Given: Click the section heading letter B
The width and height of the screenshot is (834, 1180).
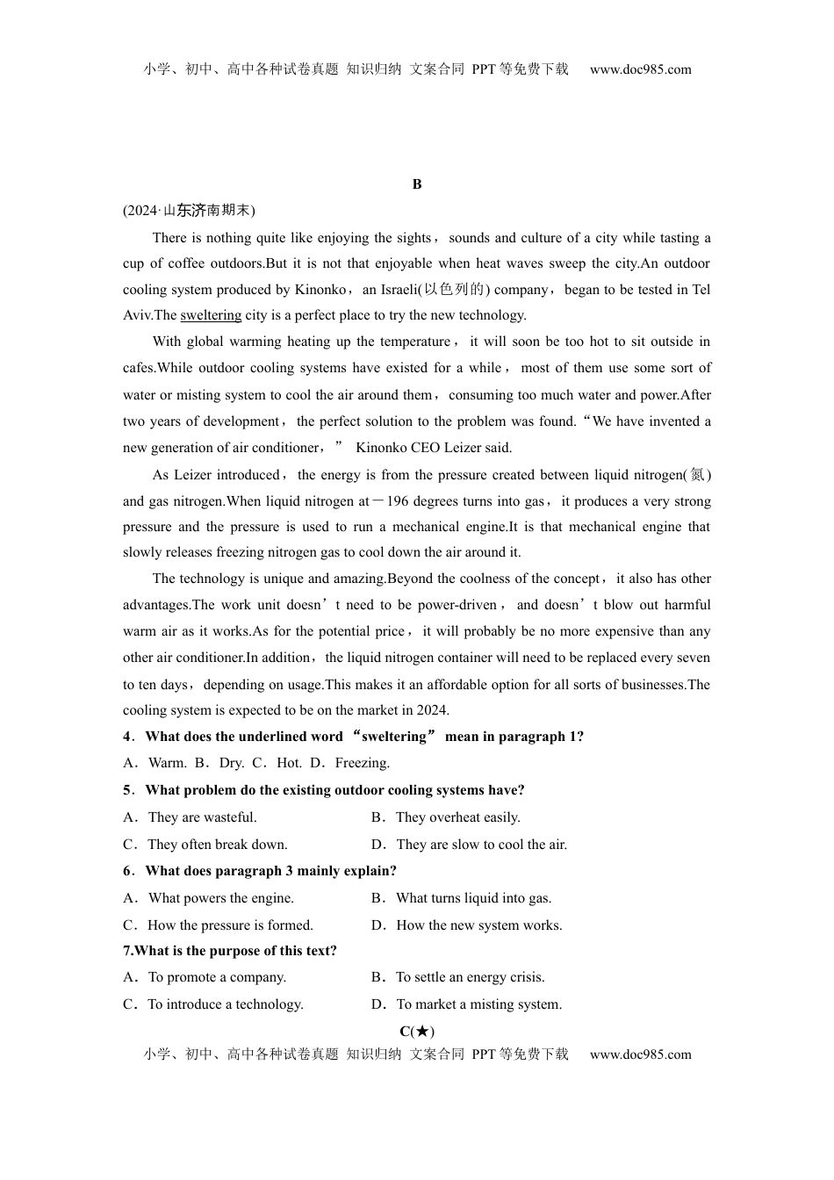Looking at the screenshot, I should click(417, 184).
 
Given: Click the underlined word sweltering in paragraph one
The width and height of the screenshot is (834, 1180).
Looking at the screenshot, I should click(211, 315).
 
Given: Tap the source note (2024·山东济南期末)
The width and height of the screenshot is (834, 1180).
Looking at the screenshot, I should click(189, 211).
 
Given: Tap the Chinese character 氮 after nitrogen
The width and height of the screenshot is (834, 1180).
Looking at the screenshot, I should click(697, 475).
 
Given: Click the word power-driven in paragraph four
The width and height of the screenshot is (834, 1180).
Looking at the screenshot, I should click(458, 605).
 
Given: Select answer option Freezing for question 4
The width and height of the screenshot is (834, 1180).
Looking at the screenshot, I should click(362, 763).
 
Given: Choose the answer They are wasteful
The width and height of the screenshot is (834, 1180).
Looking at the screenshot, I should click(202, 817).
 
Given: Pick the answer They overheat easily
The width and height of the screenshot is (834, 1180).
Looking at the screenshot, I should click(457, 817).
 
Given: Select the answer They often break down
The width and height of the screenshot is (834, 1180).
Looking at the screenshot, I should click(217, 845).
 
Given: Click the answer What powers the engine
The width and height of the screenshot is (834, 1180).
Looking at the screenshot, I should click(221, 898).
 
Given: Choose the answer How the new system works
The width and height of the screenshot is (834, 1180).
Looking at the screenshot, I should click(478, 925).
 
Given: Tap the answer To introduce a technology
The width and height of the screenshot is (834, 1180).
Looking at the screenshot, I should click(225, 1004).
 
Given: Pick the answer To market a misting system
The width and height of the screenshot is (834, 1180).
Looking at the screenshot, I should click(478, 1004).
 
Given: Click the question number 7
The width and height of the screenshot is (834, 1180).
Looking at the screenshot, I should click(128, 951).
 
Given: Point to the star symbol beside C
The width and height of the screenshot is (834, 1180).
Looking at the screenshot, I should click(421, 1032).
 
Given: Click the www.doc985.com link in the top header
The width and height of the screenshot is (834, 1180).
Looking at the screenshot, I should click(641, 69).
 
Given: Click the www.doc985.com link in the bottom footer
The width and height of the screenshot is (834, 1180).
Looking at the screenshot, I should click(641, 1054).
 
